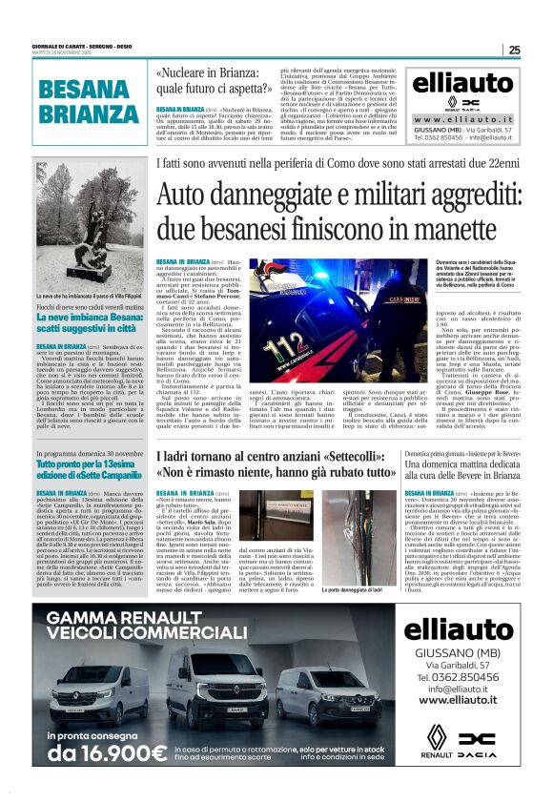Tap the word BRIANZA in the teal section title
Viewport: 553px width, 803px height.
pyautogui.click(x=90, y=114)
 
